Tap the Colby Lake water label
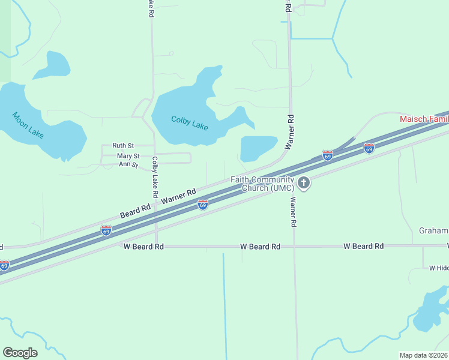click(189, 122)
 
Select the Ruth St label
click(122, 146)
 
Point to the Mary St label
click(128, 156)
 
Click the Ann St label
click(128, 164)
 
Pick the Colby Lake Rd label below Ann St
click(154, 178)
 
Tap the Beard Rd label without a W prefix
click(134, 211)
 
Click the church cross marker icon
click(304, 182)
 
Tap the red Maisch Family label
click(424, 119)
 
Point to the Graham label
click(433, 231)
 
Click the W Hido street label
click(439, 268)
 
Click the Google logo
click(20, 353)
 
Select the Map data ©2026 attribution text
click(424, 355)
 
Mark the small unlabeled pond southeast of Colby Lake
click(258, 148)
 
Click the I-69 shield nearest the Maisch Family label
click(369, 148)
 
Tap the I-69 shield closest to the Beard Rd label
click(106, 230)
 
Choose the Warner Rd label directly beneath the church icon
click(294, 212)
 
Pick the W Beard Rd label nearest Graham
click(363, 247)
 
